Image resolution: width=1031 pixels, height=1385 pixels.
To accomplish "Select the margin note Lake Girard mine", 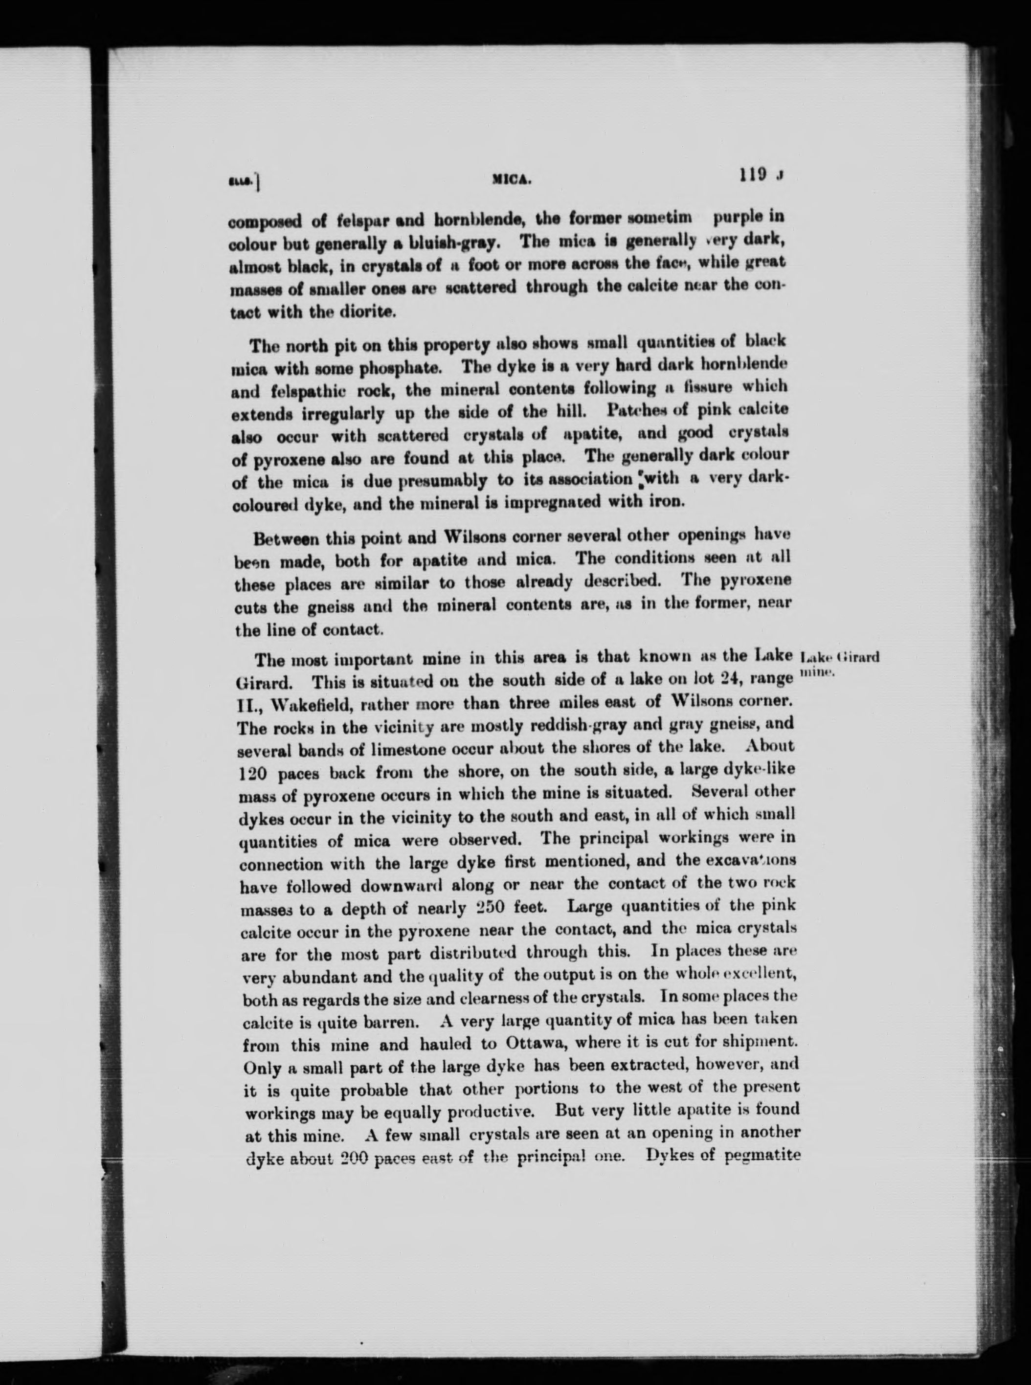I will [x=839, y=664].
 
